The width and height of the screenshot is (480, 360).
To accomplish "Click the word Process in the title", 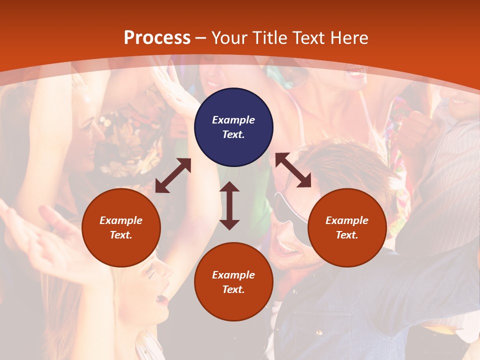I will [157, 38].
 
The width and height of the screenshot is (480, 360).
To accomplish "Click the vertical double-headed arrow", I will [229, 205].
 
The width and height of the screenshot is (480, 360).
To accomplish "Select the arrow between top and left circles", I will [173, 175].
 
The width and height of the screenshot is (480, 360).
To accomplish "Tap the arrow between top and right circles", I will [293, 170].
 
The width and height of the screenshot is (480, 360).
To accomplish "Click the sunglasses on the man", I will [287, 210].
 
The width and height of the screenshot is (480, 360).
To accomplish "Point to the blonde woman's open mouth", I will [161, 299].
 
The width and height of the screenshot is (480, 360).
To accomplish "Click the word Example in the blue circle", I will [233, 120].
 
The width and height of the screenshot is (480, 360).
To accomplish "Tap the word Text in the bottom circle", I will [233, 289].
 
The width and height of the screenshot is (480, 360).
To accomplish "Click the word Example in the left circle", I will [121, 220].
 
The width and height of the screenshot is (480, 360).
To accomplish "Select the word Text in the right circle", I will [346, 235].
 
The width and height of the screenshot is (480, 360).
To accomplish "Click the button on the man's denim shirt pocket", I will [318, 331].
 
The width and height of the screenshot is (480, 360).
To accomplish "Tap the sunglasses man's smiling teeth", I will [288, 247].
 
